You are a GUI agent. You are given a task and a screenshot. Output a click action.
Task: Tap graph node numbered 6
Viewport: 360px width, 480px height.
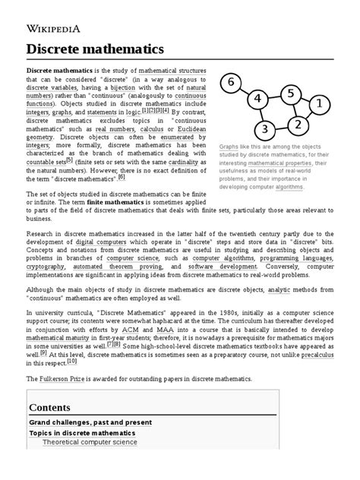click(x=232, y=82)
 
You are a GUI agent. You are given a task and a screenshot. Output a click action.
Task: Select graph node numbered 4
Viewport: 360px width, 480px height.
click(x=259, y=99)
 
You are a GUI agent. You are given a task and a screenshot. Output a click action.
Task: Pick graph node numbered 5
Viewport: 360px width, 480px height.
click(x=289, y=93)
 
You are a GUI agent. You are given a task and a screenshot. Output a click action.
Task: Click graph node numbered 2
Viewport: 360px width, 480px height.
click(x=298, y=124)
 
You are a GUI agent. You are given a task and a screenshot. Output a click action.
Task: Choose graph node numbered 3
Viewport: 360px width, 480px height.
click(x=265, y=128)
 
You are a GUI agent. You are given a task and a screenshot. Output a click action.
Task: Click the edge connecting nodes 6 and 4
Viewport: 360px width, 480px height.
click(x=246, y=90)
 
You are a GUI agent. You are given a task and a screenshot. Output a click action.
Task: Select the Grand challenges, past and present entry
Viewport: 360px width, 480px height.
click(x=90, y=422)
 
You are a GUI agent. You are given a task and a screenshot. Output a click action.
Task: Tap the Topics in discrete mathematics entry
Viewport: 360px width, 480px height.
click(x=82, y=433)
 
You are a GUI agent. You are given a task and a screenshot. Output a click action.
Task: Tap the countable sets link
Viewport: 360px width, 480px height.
click(x=46, y=161)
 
